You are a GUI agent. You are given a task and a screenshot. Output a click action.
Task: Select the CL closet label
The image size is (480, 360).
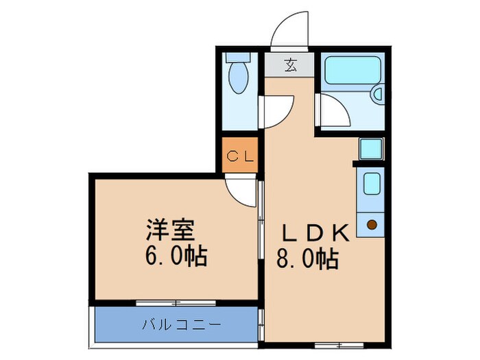(x=241, y=156)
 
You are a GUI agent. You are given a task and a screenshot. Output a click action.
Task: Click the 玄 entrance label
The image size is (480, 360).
(x=291, y=66)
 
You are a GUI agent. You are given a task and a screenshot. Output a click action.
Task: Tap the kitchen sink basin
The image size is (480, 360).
(x=371, y=184)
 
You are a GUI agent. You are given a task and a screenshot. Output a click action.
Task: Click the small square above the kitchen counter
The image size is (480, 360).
(x=371, y=148)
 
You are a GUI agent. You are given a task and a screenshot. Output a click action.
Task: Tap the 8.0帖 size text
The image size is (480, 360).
(x=307, y=260)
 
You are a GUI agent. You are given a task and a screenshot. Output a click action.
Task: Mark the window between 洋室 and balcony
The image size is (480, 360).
(x=176, y=302)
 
